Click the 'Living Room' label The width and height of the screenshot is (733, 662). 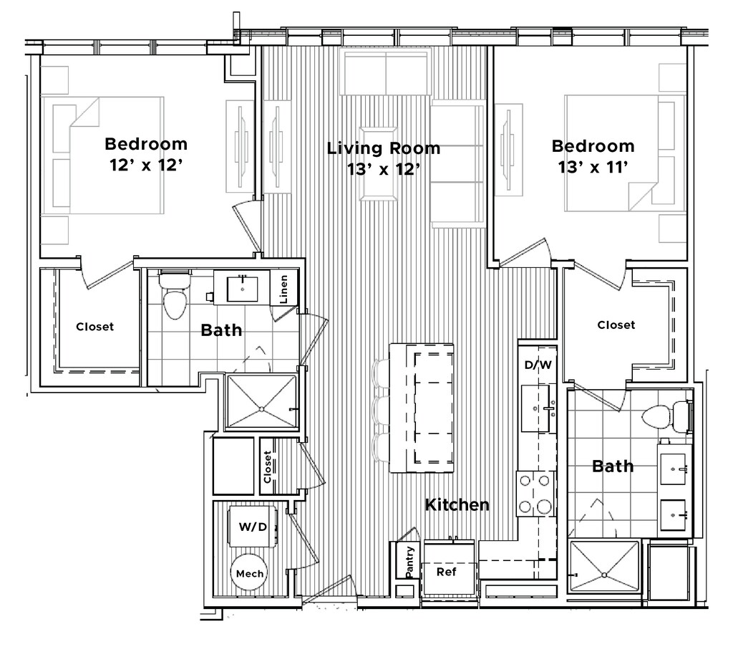(384, 148)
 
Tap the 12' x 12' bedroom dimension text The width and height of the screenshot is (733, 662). (146, 165)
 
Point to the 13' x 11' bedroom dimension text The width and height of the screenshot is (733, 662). (593, 167)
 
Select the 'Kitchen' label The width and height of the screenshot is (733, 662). (457, 504)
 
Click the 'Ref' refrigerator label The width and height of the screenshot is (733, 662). (447, 572)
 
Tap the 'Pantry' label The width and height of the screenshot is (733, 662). (409, 562)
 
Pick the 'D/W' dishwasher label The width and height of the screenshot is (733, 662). (538, 365)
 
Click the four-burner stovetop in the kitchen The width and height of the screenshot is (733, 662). (535, 494)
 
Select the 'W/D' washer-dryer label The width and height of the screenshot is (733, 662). (253, 527)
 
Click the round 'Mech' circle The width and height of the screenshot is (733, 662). (249, 573)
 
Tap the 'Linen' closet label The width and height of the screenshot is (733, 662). (283, 289)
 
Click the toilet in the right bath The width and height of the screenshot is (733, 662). (666, 416)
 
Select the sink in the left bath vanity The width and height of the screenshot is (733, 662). (242, 289)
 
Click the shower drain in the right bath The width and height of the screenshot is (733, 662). (605, 574)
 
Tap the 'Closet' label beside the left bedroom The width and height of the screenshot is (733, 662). (95, 327)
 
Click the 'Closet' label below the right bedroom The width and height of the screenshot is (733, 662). (616, 325)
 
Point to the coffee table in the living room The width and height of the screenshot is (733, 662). (379, 164)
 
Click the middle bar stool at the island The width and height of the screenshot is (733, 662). (381, 411)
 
